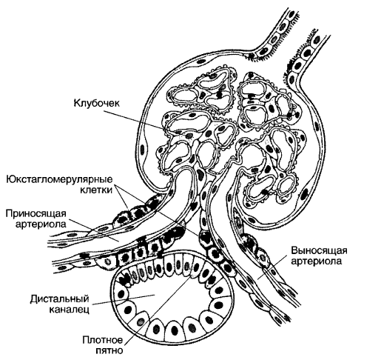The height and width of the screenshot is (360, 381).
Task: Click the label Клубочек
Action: [97, 103]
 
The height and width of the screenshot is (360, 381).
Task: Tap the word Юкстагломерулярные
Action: [59, 179]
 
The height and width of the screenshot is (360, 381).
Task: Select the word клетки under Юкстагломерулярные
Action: [96, 190]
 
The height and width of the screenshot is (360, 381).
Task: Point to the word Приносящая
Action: [36, 213]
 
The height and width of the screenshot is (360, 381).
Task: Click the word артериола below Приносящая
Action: [41, 224]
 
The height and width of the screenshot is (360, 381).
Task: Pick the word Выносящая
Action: [319, 250]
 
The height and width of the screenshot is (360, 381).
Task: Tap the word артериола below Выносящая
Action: [317, 261]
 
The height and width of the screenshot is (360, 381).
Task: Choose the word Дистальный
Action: [59, 299]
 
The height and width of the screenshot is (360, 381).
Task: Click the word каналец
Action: [69, 310]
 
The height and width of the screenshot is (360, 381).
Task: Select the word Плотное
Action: [102, 340]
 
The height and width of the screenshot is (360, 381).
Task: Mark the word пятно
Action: [109, 350]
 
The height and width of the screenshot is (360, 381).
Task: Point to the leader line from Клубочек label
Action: [134, 120]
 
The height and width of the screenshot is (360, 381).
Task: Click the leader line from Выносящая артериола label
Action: [274, 267]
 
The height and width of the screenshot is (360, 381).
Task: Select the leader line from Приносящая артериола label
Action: [93, 230]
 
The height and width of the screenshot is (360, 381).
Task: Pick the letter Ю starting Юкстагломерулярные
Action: [10, 179]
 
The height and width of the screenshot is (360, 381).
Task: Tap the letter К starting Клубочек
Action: [77, 102]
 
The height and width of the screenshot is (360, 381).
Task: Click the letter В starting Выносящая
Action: [294, 250]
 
